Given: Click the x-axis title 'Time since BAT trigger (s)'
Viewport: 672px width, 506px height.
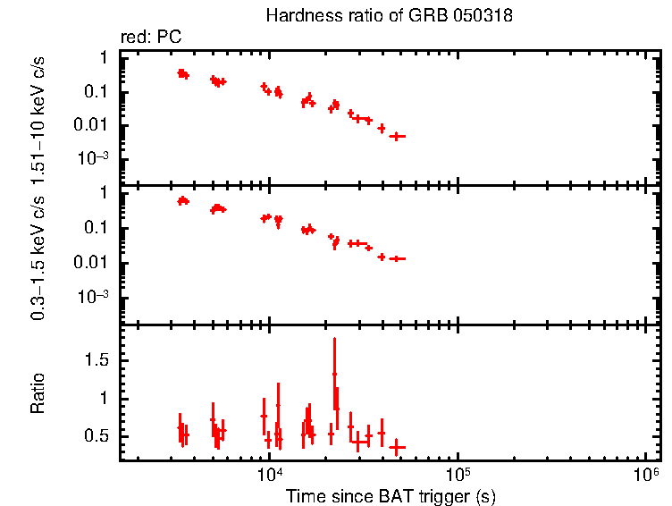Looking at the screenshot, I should [391, 494].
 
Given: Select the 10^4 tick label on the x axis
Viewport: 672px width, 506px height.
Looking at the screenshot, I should [268, 474].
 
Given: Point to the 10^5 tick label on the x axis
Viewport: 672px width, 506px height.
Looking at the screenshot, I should [458, 474].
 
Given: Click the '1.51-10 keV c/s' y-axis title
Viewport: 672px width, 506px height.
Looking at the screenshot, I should [38, 120].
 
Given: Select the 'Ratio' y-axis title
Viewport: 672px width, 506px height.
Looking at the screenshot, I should [38, 393].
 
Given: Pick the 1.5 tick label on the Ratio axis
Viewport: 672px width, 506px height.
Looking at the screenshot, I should [97, 359].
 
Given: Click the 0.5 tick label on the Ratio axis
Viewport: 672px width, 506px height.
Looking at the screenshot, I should [97, 435].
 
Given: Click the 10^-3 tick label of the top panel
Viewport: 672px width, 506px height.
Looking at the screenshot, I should [93, 159].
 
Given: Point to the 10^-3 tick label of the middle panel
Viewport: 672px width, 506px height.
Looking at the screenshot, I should [93, 297].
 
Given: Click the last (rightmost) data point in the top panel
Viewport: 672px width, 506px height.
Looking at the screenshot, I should [398, 136].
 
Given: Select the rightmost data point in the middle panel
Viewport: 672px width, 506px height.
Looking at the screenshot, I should [398, 258].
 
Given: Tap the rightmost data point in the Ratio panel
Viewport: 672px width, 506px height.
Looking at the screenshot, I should [398, 446].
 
